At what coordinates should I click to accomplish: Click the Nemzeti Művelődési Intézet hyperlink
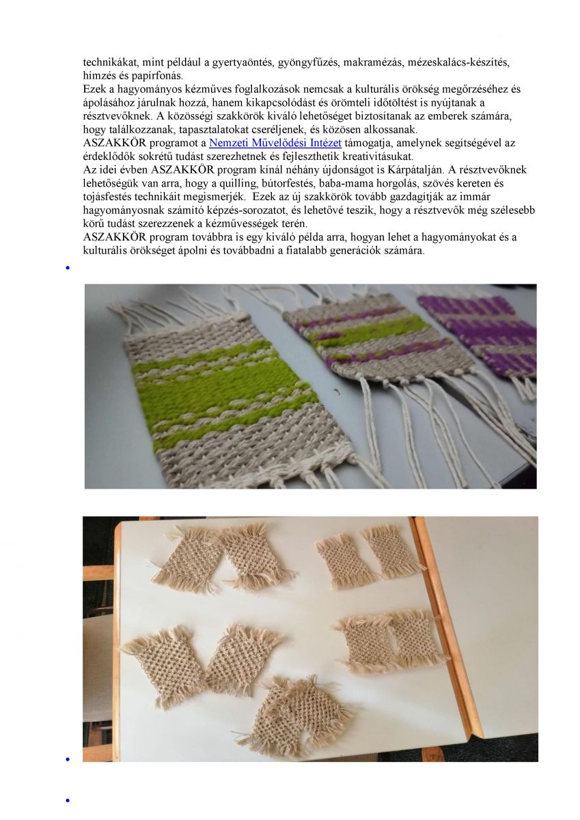pos(275,143)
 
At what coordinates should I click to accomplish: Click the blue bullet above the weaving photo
pos(68,268)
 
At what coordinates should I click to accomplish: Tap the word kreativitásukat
pos(378,156)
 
